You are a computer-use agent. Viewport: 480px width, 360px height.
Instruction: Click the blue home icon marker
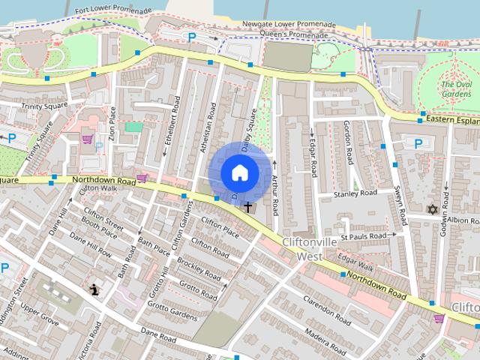pyautogui.click(x=239, y=172)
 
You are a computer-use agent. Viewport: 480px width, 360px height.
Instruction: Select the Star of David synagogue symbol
pyautogui.click(x=431, y=210)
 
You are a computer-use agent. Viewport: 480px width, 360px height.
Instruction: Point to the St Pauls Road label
pyautogui.click(x=364, y=236)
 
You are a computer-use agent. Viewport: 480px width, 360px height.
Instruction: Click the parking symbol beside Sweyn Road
pyautogui.click(x=418, y=143)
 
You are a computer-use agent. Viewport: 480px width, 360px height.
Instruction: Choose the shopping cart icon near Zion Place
pyautogui.click(x=88, y=139)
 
